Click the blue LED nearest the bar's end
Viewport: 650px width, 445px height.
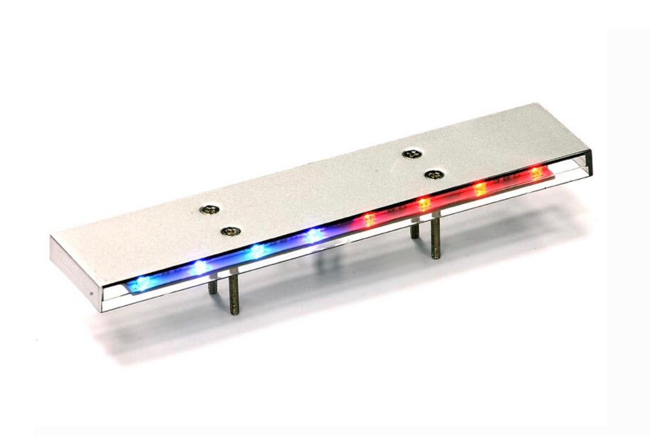pyautogui.click(x=142, y=282)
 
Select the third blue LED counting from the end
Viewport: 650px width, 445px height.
pyautogui.click(x=257, y=251)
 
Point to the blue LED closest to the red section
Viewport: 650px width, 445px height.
pyautogui.click(x=314, y=236)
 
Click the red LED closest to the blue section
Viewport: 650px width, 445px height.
pyautogui.click(x=369, y=218)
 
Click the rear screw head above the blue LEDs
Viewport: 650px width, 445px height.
pyautogui.click(x=209, y=210)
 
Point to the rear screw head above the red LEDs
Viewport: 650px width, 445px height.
pyautogui.click(x=412, y=154)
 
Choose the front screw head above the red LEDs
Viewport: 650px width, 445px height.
pyautogui.click(x=433, y=174)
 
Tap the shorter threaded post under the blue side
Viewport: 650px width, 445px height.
pyautogui.click(x=212, y=287)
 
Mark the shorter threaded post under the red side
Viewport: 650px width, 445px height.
pyautogui.click(x=414, y=230)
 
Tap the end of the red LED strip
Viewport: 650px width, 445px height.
pyautogui.click(x=550, y=172)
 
